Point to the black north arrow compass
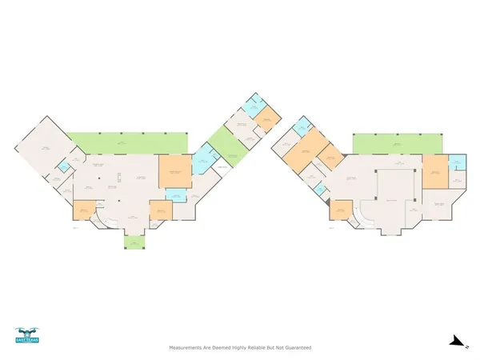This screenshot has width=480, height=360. [457, 342]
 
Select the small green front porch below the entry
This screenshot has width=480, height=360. [133, 241]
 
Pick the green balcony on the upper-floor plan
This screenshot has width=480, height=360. [397, 143]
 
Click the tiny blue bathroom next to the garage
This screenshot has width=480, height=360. [63, 167]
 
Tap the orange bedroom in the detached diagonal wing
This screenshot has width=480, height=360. [267, 120]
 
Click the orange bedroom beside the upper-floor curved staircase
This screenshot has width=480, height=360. [341, 210]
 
